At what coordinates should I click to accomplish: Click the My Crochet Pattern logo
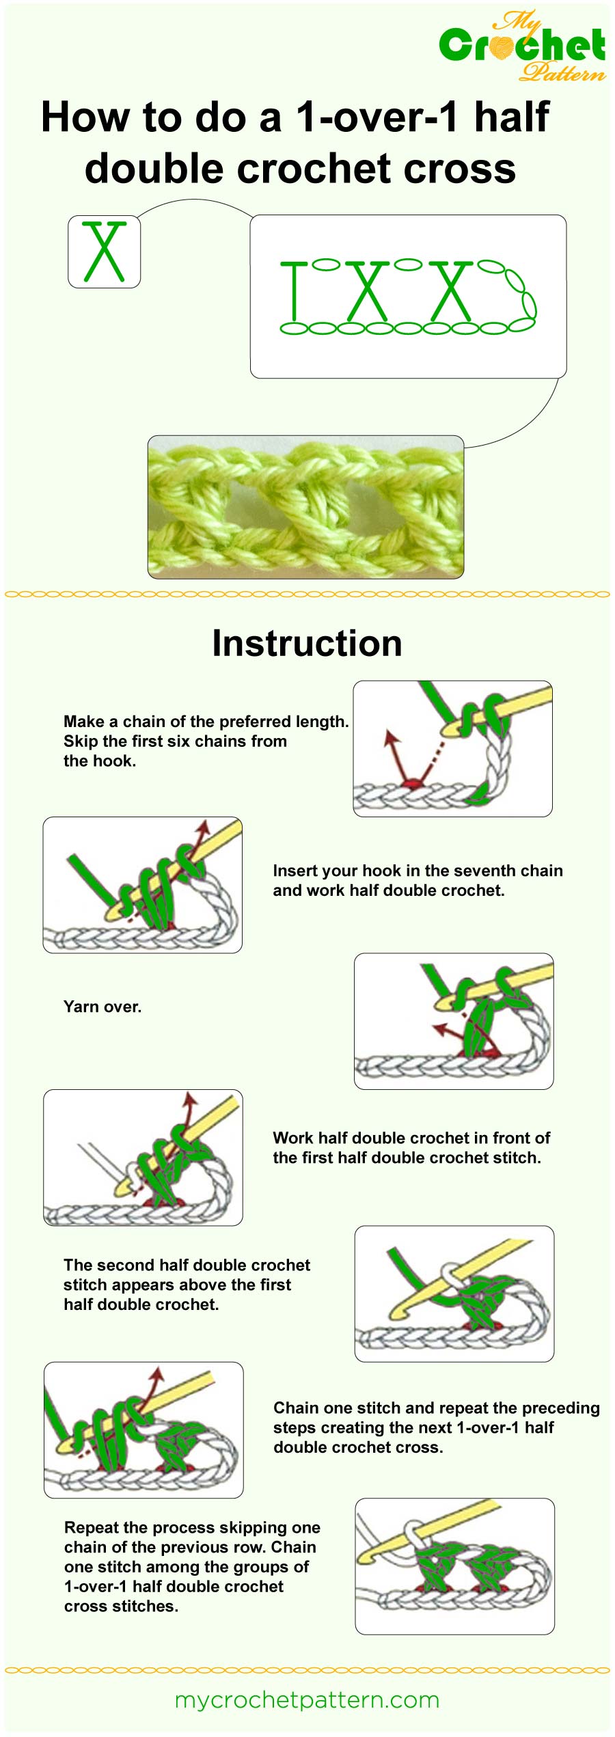[522, 46]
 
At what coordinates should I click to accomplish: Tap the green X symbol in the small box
[104, 251]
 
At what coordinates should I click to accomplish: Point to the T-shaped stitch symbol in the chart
[294, 290]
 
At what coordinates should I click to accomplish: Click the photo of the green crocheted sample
[305, 506]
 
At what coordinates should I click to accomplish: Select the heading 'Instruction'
[307, 643]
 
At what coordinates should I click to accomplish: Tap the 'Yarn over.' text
[102, 1007]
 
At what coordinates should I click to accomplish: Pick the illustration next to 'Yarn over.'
[453, 1021]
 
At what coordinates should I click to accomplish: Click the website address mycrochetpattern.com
[307, 1699]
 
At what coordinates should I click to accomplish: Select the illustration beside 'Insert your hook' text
[142, 885]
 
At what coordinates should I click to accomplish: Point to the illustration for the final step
[454, 1566]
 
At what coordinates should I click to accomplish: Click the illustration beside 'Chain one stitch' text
[143, 1430]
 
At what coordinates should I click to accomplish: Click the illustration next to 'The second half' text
[454, 1294]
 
